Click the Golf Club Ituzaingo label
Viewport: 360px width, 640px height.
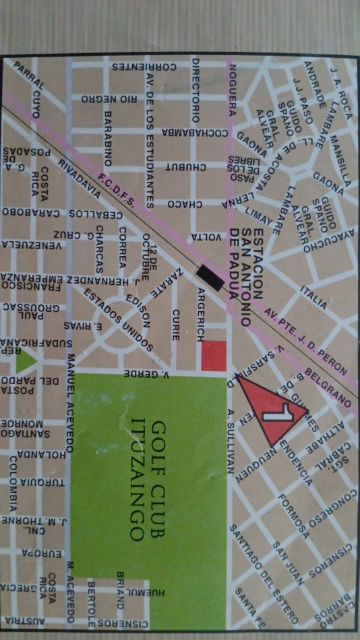click(x=148, y=482)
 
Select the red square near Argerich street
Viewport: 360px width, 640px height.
click(x=214, y=356)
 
